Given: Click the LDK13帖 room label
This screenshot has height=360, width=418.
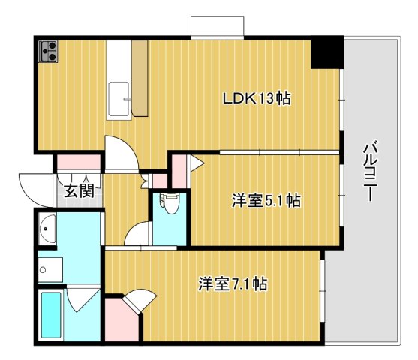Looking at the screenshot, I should point(257,97).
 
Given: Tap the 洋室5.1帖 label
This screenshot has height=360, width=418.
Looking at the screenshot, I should point(266,200).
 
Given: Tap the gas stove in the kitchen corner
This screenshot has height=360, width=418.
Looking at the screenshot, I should point(50,51).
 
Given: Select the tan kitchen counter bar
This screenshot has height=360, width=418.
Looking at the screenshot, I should point(140,78).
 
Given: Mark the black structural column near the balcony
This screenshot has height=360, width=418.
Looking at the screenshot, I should point(328,52).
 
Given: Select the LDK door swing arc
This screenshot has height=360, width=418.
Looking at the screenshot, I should point(120,154).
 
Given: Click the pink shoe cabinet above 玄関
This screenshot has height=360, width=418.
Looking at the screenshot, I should point(78,162).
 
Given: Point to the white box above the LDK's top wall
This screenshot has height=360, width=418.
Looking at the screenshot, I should point(217,26).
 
